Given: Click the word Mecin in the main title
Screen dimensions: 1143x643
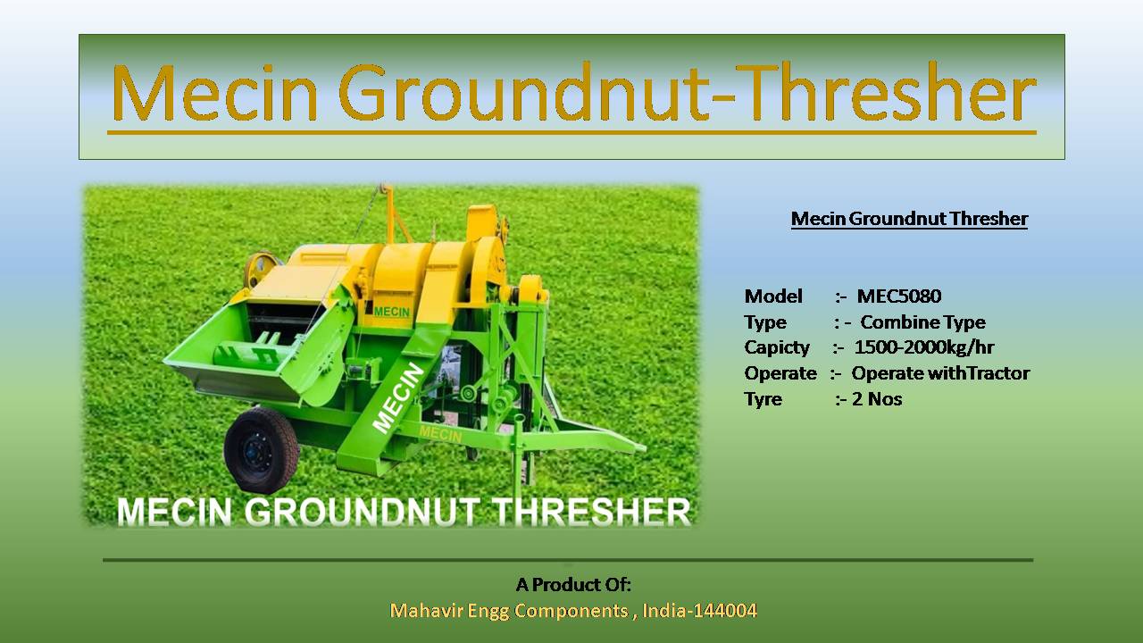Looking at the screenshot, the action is (x=215, y=93).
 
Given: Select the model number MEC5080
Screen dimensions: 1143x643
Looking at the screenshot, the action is (x=899, y=296).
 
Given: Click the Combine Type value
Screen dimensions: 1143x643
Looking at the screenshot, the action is (x=922, y=322).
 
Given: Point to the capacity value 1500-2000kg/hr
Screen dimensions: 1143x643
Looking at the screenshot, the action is (x=924, y=347).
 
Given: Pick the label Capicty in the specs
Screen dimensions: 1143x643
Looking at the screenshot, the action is (x=777, y=348).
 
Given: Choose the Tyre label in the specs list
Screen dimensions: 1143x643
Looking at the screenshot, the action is (x=763, y=399).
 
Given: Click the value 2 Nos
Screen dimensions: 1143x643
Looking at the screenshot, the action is (x=877, y=399).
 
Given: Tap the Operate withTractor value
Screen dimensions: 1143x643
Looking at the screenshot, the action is (x=940, y=373).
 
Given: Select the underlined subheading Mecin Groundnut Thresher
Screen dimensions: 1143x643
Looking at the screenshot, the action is (x=909, y=219).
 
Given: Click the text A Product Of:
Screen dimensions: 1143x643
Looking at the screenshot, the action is (x=573, y=585).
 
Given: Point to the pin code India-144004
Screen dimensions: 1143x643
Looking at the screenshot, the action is (x=699, y=610).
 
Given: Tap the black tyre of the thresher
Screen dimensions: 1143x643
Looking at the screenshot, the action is (x=261, y=449).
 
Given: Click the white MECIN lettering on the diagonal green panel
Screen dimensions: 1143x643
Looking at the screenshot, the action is (x=398, y=397).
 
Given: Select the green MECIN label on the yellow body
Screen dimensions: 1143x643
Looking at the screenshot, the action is (x=391, y=312).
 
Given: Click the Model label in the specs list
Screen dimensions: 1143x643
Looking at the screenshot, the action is (x=773, y=296).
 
